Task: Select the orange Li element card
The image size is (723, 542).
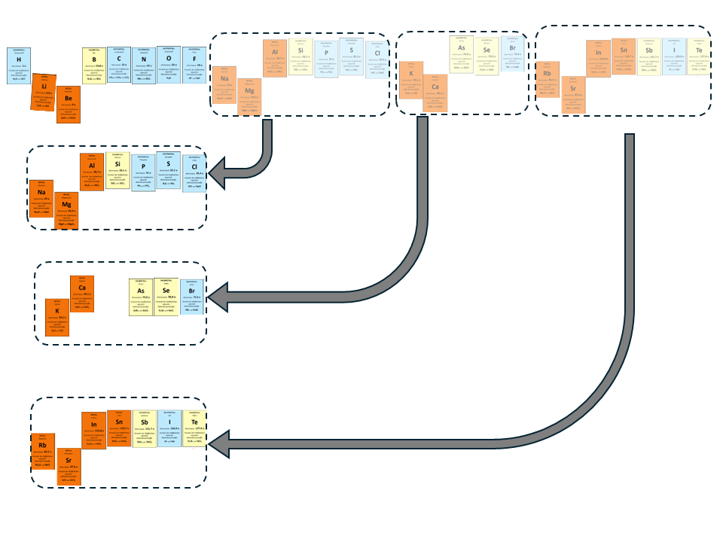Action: pos(44,93)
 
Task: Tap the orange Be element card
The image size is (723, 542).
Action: pos(69,104)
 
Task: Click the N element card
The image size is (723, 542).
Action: pos(144,65)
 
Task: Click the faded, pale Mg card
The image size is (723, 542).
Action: pos(249,96)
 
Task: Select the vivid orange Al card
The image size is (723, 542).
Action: pos(93,172)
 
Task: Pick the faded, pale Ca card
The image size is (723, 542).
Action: pos(435,93)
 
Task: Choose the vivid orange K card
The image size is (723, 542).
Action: pos(57,318)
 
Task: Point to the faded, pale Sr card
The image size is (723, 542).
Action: pos(573,96)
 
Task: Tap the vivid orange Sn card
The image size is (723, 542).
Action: pos(119,428)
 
